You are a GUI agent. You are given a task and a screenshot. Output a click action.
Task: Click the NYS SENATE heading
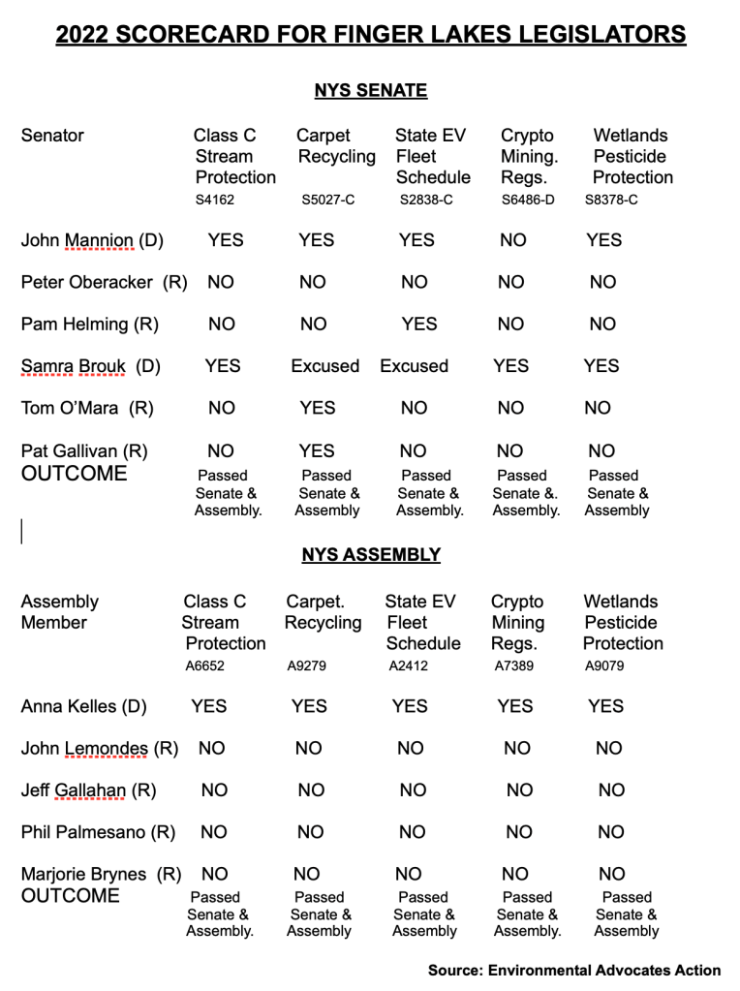(x=370, y=91)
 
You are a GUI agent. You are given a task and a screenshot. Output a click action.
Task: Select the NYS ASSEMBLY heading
(x=370, y=555)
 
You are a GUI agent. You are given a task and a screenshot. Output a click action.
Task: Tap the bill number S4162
(x=214, y=201)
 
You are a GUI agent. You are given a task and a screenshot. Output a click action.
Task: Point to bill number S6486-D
(x=528, y=201)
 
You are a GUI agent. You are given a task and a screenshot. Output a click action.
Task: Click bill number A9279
(x=307, y=666)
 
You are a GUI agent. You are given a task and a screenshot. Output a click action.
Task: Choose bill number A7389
(x=512, y=666)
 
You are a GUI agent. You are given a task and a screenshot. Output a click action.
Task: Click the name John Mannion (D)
(x=92, y=240)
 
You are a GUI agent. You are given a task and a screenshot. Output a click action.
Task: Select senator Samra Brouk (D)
(x=90, y=366)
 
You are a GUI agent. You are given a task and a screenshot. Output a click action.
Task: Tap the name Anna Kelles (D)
(x=83, y=706)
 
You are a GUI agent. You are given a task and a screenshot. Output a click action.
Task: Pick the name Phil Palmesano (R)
(x=98, y=832)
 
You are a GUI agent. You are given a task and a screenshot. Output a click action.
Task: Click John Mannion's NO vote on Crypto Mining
(x=513, y=240)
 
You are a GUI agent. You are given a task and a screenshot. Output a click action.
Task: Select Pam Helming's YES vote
(x=418, y=325)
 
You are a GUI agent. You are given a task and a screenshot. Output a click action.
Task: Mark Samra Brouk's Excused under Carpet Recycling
(x=325, y=366)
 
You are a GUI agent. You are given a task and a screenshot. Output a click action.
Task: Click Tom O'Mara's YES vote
(x=318, y=409)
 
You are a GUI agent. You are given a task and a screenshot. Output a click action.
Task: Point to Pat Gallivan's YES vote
(x=317, y=450)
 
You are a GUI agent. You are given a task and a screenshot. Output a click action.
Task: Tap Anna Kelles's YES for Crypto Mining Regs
(x=515, y=706)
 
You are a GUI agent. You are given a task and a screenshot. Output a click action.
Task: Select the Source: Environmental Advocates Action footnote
(x=574, y=970)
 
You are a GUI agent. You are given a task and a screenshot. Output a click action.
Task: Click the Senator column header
(x=52, y=136)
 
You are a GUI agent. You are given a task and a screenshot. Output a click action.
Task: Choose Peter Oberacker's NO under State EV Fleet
(x=415, y=283)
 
